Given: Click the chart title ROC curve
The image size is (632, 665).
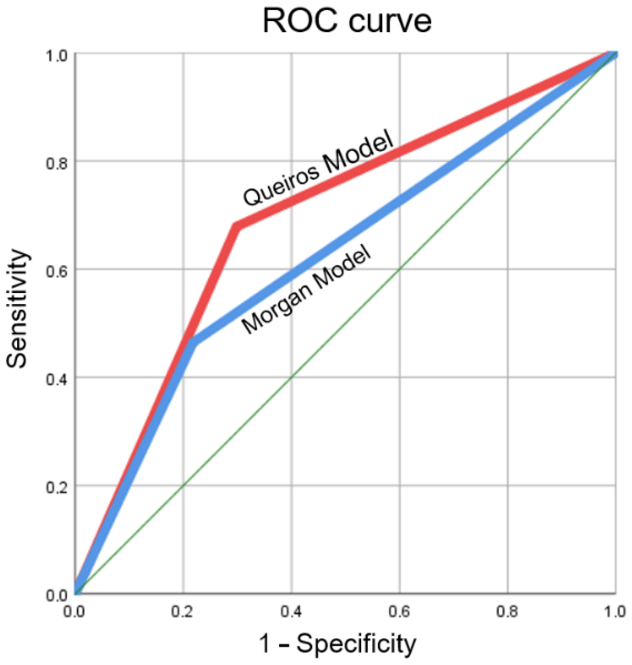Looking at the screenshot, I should pos(347,21).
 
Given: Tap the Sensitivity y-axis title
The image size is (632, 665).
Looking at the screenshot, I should pos(17,308).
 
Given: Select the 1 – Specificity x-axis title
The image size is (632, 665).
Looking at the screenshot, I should pos(337,644).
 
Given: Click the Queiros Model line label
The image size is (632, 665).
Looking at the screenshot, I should pos(318,169).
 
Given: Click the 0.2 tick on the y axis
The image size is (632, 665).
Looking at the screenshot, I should pos(57,487).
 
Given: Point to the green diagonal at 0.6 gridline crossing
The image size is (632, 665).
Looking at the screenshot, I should pos(399,269).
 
